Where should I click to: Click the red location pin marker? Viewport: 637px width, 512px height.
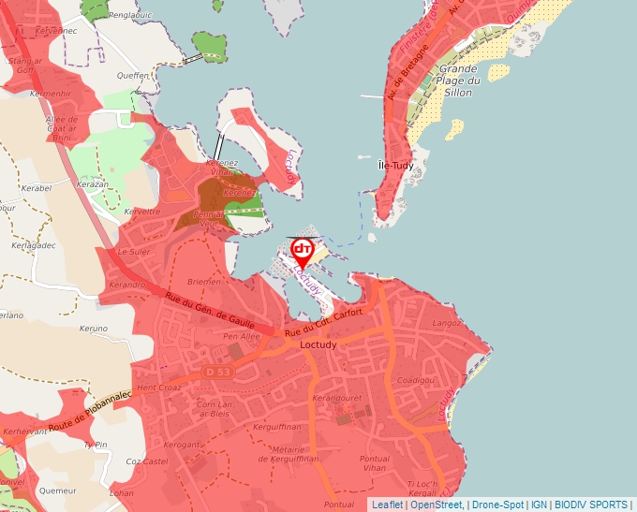[x=303, y=251]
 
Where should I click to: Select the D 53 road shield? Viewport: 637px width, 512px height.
[x=217, y=372]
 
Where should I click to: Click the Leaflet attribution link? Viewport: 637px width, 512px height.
[x=387, y=505]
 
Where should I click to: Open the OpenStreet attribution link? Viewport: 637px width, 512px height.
[x=436, y=505]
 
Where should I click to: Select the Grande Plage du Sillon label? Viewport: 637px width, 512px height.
[x=459, y=80]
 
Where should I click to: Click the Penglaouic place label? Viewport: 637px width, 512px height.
[x=130, y=16]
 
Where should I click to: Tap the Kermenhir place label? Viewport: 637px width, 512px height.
[x=51, y=95]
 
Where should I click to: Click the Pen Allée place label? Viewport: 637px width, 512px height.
[x=241, y=336]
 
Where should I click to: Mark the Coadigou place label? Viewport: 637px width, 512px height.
[x=417, y=380]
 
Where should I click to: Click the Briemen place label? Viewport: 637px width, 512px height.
[x=205, y=281]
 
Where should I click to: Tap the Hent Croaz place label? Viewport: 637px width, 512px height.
[x=158, y=387]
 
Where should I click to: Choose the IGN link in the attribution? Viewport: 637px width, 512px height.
[x=539, y=505]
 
